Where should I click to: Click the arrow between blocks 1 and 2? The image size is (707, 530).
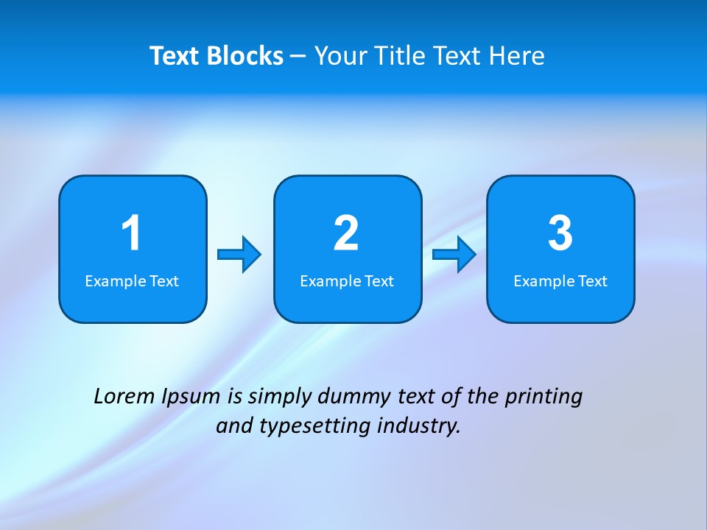coord(239,255)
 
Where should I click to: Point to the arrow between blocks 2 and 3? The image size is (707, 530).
coord(454,255)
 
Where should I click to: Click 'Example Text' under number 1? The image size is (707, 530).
coord(132,281)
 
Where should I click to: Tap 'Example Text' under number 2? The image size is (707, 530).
coord(347,281)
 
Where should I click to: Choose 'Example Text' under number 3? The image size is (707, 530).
coord(560,281)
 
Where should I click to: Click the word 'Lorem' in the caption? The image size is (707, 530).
coord(124,397)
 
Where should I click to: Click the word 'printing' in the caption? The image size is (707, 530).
coord(543,397)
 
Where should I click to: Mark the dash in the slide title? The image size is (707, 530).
coord(299,57)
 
